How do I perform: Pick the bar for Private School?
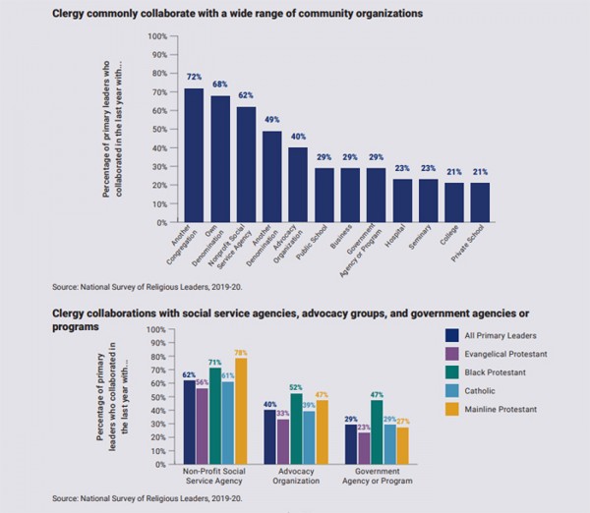pyautogui.click(x=479, y=202)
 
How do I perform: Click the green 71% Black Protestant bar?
pyautogui.click(x=213, y=413)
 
